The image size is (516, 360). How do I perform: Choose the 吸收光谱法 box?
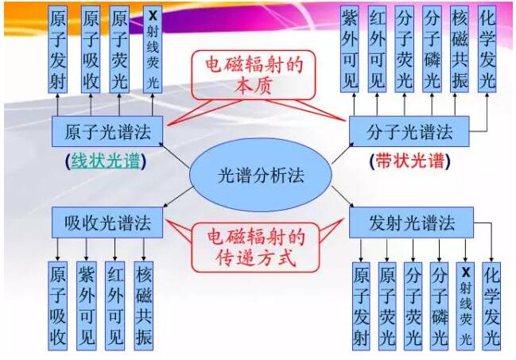(105, 222)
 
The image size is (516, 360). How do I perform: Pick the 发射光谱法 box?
(411, 222)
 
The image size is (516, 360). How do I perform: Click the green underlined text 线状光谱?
(104, 161)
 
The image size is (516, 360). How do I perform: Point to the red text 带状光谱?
(409, 161)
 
